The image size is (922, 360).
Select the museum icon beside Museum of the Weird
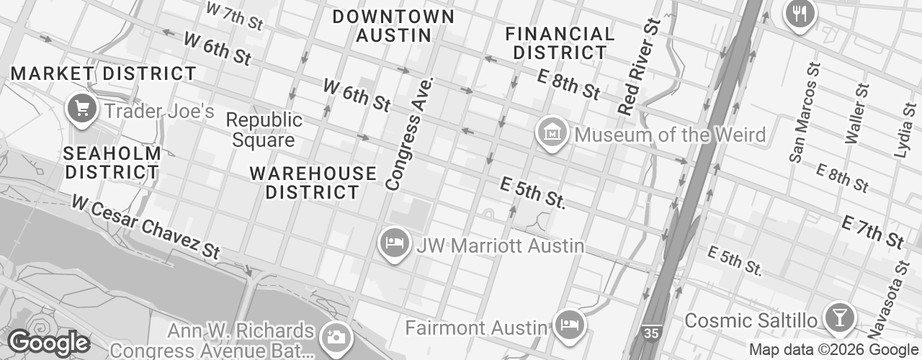tap(552, 133)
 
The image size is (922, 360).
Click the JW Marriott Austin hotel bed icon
tap(394, 243)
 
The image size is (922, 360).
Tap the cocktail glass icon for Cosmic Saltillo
tap(839, 317)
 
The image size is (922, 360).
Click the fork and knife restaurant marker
tap(799, 12)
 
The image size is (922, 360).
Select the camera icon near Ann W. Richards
tap(335, 336)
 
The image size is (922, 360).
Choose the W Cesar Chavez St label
tap(145, 226)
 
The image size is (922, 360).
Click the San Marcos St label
tap(805, 112)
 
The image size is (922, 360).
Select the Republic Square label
tap(264, 130)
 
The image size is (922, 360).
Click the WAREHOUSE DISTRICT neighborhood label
tap(313, 183)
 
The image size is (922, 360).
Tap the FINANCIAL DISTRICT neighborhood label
tap(560, 43)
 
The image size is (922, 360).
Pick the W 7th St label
tap(234, 17)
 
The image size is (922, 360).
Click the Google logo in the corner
tap(48, 343)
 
